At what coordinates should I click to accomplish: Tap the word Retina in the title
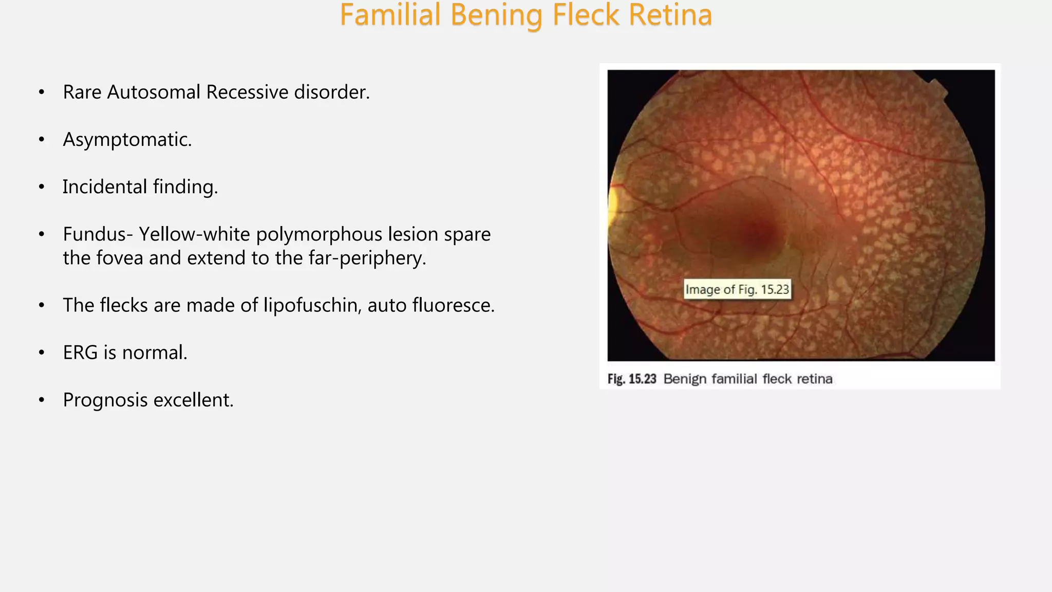pos(670,15)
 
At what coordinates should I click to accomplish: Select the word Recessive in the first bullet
pos(247,92)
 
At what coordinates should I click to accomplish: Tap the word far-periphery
pos(367,258)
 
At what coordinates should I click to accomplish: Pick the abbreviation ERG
pos(80,353)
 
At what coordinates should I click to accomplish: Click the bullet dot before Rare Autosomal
pos(42,92)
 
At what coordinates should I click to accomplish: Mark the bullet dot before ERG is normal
pos(42,353)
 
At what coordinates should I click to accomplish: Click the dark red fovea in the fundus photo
pos(760,234)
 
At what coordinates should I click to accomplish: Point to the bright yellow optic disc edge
pos(612,206)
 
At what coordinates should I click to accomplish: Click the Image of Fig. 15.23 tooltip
pos(737,290)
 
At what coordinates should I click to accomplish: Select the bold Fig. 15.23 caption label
pos(632,379)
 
